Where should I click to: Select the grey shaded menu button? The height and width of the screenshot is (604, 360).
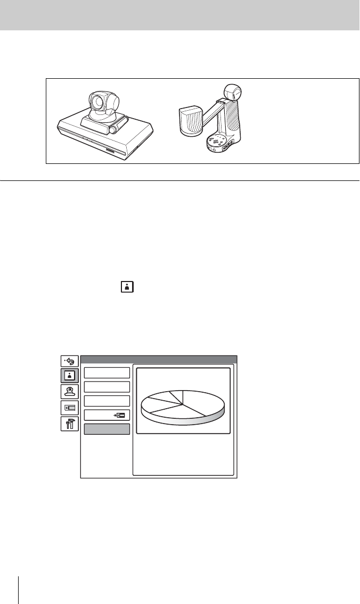(x=107, y=429)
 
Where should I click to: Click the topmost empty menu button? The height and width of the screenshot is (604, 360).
(x=107, y=372)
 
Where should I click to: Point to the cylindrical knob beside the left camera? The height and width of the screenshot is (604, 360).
(x=113, y=129)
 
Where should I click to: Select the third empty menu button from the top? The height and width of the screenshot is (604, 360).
(x=107, y=401)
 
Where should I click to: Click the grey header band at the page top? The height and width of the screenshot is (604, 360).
(x=180, y=15)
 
